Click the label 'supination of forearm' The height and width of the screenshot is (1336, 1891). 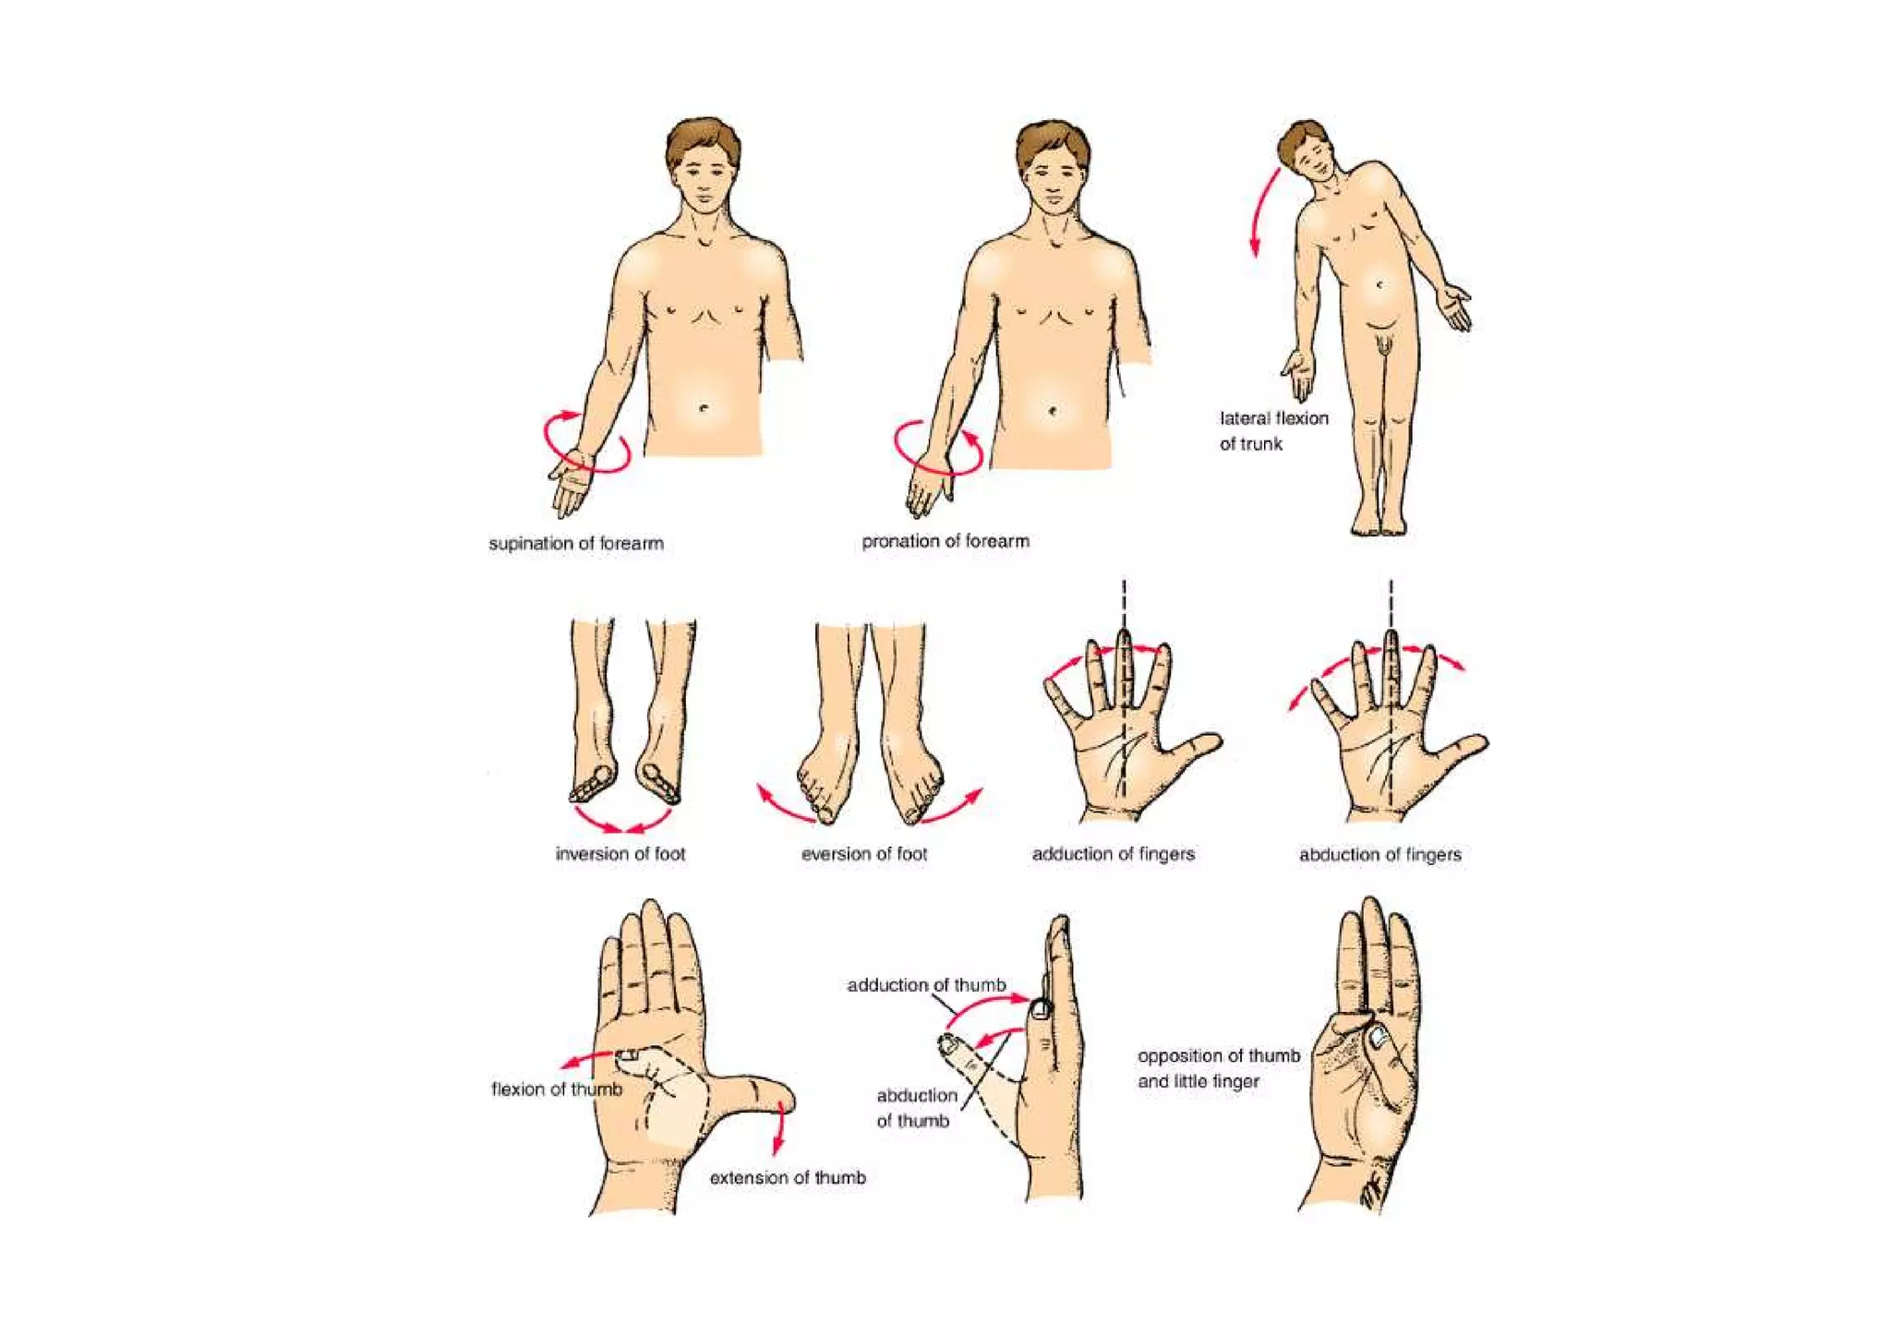576,544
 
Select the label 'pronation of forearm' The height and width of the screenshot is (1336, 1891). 945,542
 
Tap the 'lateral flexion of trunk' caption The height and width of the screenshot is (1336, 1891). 1273,431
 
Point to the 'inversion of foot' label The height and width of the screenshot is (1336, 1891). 620,854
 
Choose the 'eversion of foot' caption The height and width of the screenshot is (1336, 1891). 864,854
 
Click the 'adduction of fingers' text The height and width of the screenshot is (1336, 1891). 1113,854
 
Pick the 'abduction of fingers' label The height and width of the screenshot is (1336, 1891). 1380,855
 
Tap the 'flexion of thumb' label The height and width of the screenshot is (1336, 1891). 557,1089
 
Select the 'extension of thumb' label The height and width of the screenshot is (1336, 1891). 788,1178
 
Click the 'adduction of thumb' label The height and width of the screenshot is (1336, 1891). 926,985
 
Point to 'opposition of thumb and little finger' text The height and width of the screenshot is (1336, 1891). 1218,1068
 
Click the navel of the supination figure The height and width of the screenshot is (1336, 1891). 704,408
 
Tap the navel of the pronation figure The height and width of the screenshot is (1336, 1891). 1054,410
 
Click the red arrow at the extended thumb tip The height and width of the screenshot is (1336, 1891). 779,1128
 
